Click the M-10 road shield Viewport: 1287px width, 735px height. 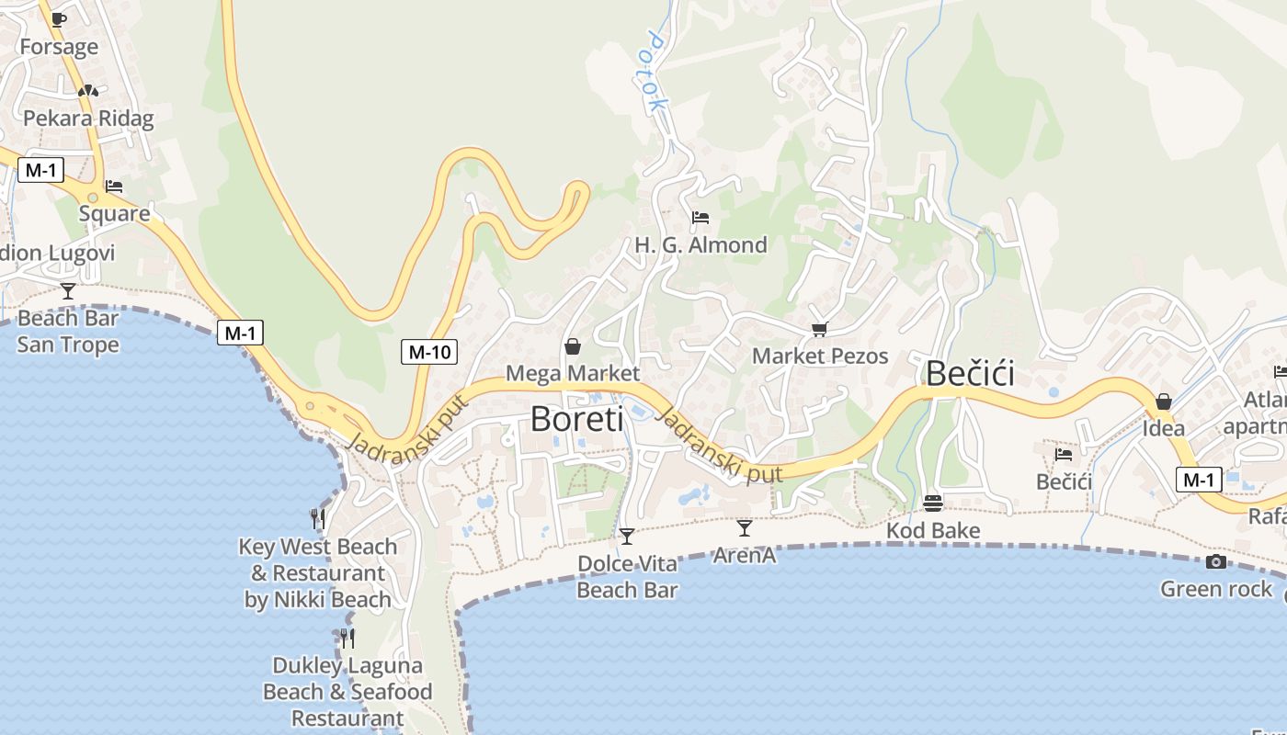click(x=429, y=351)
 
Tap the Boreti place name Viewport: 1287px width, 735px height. click(x=576, y=419)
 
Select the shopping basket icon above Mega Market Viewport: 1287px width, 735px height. click(x=573, y=346)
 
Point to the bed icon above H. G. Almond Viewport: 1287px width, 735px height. click(x=700, y=218)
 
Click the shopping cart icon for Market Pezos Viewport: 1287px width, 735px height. click(x=819, y=328)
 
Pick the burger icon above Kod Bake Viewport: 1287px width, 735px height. click(x=933, y=503)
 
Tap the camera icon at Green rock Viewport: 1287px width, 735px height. click(x=1216, y=561)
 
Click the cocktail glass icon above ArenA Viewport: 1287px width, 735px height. click(x=745, y=528)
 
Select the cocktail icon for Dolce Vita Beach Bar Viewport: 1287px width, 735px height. click(x=627, y=536)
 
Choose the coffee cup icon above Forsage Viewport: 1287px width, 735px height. click(x=59, y=19)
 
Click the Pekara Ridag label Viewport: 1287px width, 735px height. click(x=88, y=119)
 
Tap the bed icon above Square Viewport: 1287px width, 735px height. click(x=114, y=186)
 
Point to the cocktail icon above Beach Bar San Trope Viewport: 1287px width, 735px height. click(x=68, y=291)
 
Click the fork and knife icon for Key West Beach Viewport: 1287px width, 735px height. click(x=318, y=519)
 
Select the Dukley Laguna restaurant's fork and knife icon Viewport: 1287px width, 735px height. click(x=347, y=638)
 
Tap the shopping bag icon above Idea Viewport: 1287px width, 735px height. click(x=1164, y=401)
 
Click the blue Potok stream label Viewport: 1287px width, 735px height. click(x=656, y=72)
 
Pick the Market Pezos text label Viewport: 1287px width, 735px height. click(x=820, y=356)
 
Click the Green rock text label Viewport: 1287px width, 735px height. click(x=1216, y=589)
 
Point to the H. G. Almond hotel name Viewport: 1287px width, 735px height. click(x=700, y=245)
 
